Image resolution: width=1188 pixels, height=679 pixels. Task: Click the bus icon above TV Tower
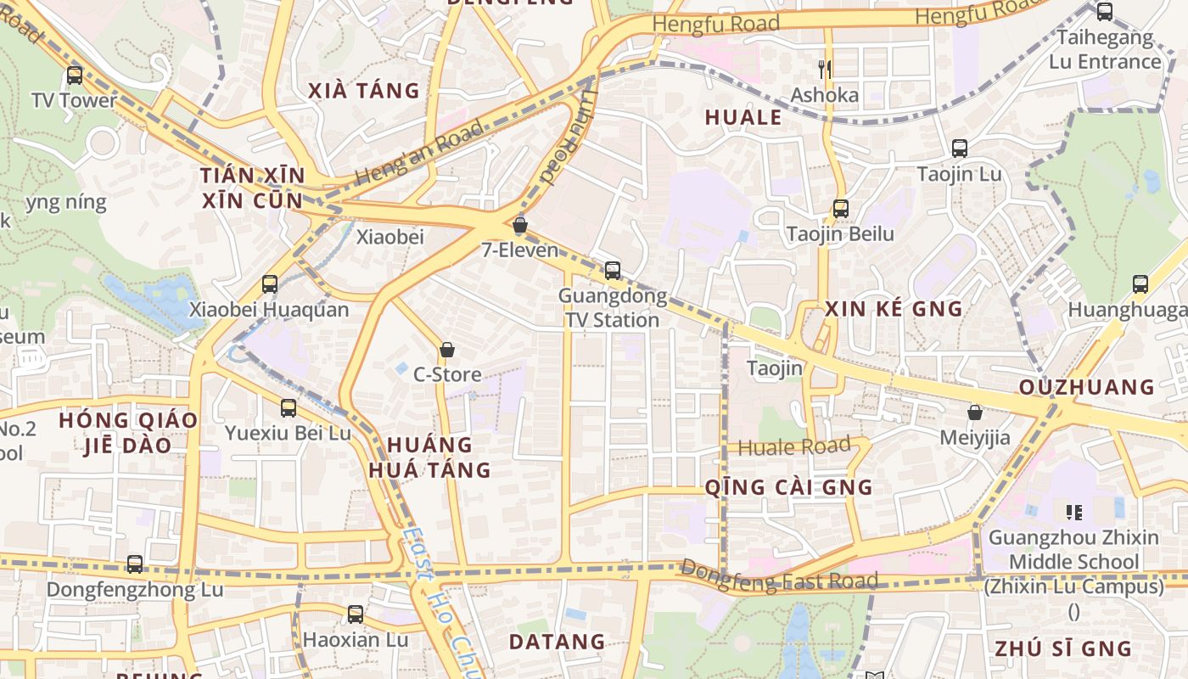click(75, 76)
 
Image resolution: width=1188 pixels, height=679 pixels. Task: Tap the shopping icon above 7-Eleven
click(520, 226)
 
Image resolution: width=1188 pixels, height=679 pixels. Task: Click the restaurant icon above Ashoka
click(825, 69)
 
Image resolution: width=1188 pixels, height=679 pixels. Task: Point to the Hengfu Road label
click(715, 24)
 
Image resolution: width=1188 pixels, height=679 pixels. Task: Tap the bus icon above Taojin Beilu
click(840, 208)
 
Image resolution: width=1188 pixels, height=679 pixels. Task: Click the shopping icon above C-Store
click(447, 350)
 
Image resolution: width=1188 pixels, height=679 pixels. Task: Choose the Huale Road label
click(794, 446)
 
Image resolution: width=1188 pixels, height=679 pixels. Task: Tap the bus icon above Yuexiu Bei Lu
click(288, 408)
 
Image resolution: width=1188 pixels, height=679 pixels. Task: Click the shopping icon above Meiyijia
click(975, 413)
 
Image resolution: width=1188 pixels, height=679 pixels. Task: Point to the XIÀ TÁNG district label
click(364, 91)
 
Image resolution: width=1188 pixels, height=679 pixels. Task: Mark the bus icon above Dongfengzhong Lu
click(135, 564)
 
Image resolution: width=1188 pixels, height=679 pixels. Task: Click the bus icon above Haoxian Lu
click(356, 614)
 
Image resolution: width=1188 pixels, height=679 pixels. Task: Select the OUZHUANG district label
click(1086, 387)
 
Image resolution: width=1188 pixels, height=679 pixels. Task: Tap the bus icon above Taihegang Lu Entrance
click(1104, 12)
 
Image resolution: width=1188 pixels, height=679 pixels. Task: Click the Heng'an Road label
click(419, 154)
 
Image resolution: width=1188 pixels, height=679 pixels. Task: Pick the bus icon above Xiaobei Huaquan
click(269, 284)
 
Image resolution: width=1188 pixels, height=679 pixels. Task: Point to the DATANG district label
click(557, 642)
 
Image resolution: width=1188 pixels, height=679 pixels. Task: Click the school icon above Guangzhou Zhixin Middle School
click(1073, 512)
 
